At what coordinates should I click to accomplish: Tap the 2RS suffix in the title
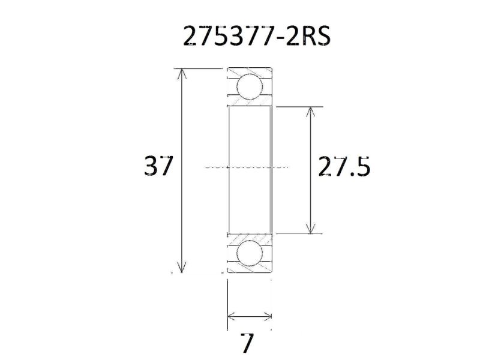[309, 37]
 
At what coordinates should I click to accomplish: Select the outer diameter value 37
[159, 166]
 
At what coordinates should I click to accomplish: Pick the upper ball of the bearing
[249, 86]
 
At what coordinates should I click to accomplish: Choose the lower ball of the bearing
[249, 254]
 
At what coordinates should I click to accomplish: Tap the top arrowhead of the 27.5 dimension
[310, 111]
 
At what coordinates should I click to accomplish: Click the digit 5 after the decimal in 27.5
[361, 167]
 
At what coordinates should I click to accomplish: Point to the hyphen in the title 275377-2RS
[281, 40]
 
